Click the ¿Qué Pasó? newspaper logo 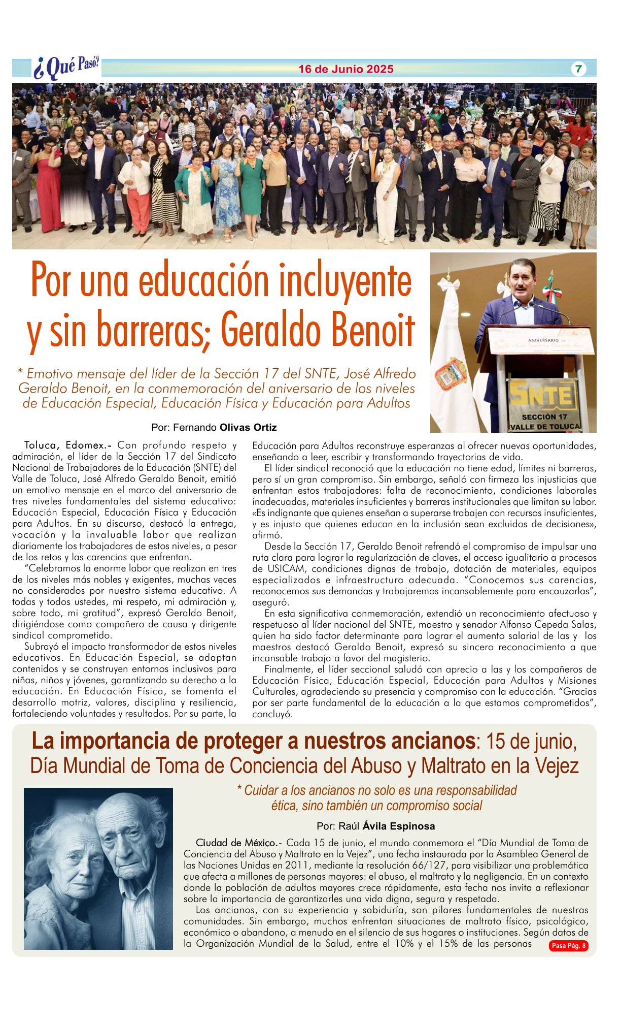click(x=66, y=68)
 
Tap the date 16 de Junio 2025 click(x=346, y=69)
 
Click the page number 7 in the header click(x=578, y=69)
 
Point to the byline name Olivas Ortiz click(x=248, y=427)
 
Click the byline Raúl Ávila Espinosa click(x=375, y=826)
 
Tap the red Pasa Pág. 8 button click(x=568, y=945)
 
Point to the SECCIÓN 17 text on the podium click(x=544, y=417)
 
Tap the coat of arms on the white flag click(x=451, y=374)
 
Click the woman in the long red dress click(x=49, y=188)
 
